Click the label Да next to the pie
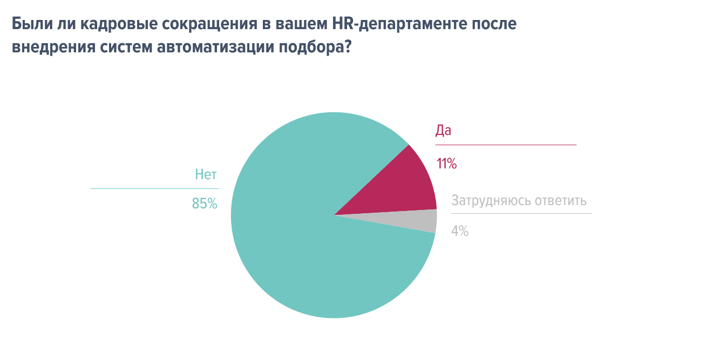(x=443, y=131)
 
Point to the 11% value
(x=446, y=164)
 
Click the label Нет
(x=206, y=174)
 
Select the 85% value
(x=204, y=203)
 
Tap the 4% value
(x=459, y=231)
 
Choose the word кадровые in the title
(x=108, y=25)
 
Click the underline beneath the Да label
(x=506, y=145)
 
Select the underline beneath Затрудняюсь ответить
(x=521, y=214)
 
